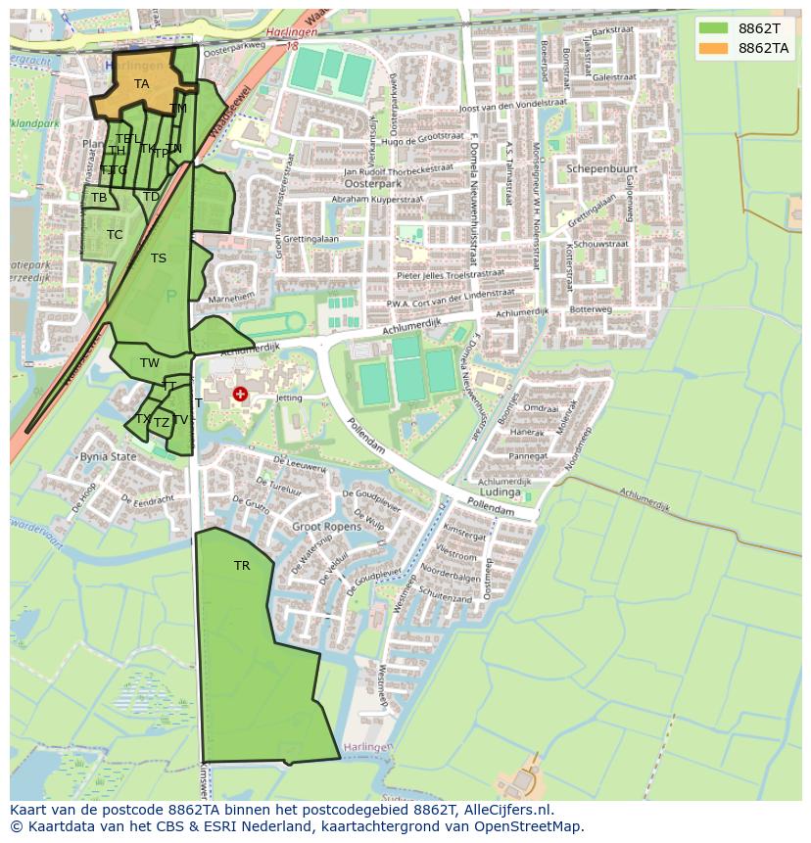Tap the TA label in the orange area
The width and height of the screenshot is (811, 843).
coord(142,84)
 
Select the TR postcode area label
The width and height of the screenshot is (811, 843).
coord(242,566)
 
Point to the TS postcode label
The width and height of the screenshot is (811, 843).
coord(159,258)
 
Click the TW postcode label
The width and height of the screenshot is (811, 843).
coord(150,363)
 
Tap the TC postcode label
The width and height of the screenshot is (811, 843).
coord(115,235)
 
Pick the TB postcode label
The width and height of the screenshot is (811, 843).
coord(99,198)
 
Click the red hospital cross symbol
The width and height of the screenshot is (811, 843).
coord(240,394)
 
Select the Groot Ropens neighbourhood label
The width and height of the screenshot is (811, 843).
coord(326,527)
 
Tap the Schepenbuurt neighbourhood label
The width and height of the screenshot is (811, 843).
coord(601,168)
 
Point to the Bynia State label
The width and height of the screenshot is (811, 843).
coord(108,456)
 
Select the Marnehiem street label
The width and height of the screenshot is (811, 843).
coord(231,297)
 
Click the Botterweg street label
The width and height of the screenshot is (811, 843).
coord(591,309)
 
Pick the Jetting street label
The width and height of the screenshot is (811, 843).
coord(289,398)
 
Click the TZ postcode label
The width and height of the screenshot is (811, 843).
coord(162,423)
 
